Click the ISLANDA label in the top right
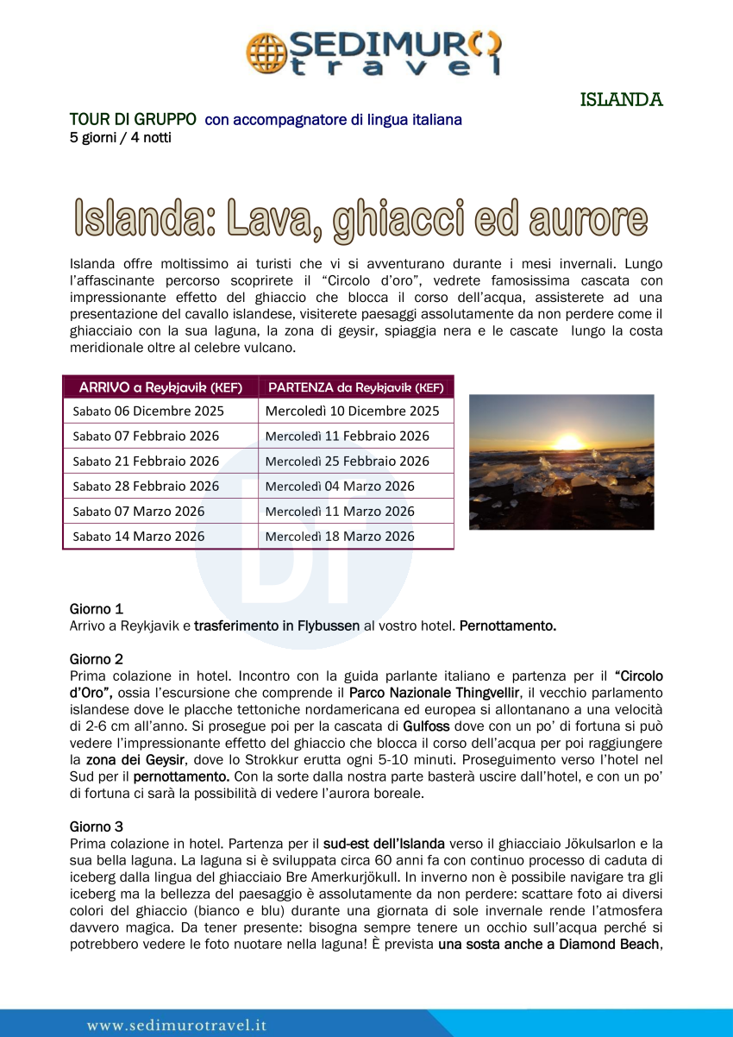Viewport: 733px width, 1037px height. coord(621,99)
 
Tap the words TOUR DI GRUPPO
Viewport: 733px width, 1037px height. coord(133,119)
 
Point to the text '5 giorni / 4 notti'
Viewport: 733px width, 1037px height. coord(120,137)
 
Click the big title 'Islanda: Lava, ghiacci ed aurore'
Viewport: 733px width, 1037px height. coord(360,218)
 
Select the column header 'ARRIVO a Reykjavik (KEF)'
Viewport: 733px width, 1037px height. coord(160,387)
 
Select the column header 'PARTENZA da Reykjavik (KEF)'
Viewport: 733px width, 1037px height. coord(355,387)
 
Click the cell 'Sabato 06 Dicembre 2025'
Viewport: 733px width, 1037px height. coord(148,411)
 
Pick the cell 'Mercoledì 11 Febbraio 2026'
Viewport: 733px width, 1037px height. coord(347,436)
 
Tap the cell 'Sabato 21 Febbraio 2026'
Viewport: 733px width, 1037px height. coord(146,461)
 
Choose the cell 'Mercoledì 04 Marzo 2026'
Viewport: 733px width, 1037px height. coord(340,486)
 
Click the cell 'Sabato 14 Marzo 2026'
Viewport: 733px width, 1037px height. coord(139,536)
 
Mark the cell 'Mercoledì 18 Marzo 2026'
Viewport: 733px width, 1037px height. coord(340,536)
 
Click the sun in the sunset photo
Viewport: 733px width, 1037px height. coord(568,442)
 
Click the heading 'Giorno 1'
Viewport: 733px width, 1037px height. coord(96,609)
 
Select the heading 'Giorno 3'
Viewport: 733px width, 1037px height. coord(96,826)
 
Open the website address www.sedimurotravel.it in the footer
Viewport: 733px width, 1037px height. coord(177,1025)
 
